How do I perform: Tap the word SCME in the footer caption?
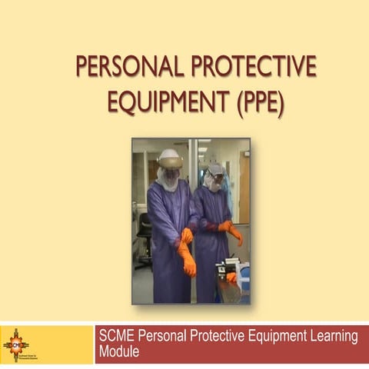click(x=118, y=337)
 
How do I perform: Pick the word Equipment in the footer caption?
click(x=270, y=337)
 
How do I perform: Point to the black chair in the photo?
click(x=144, y=231)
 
